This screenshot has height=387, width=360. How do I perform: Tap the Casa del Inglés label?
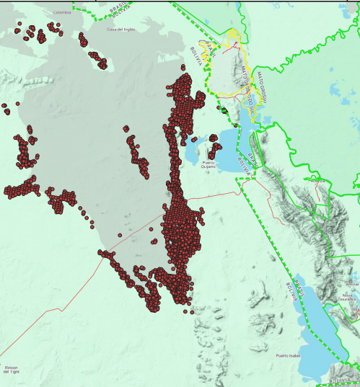(121, 30)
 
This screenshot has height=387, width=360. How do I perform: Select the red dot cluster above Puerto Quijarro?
(214, 149)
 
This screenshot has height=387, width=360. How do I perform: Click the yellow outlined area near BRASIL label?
(231, 72)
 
